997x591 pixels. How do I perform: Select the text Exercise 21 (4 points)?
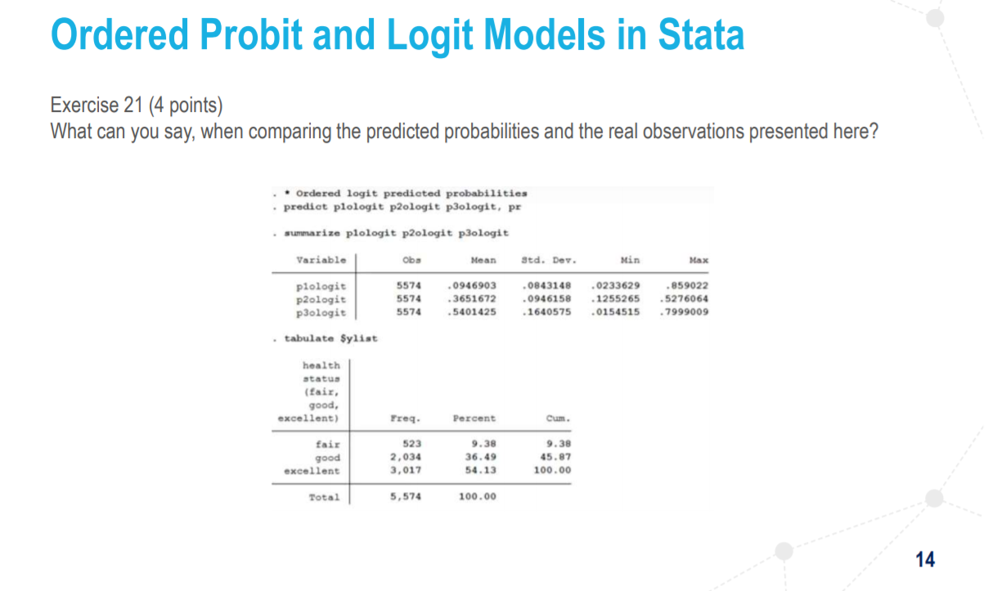point(136,105)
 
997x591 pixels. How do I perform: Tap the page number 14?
point(925,559)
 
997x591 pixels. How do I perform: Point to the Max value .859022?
point(688,286)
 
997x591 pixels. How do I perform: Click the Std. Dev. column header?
point(548,260)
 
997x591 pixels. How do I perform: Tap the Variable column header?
point(321,260)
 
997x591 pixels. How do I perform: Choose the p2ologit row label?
point(321,299)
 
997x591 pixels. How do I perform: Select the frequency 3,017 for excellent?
point(406,470)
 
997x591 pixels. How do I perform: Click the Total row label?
point(324,496)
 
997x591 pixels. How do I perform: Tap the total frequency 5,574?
point(406,496)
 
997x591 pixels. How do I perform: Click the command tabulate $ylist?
point(330,338)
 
